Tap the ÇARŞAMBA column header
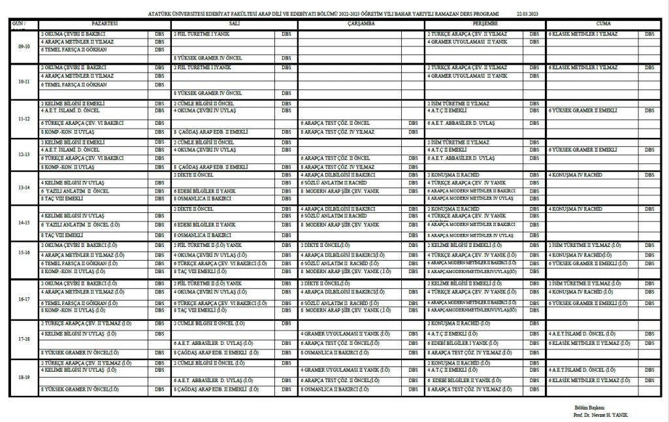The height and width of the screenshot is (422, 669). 361,23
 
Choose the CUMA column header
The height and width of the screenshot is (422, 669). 604,23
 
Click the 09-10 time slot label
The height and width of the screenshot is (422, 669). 24,46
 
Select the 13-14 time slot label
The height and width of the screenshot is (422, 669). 24,187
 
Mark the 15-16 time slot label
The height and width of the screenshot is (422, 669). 24,258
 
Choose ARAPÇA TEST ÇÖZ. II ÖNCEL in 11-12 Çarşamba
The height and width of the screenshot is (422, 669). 335,122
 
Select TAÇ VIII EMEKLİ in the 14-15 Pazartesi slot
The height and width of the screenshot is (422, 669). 61,234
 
